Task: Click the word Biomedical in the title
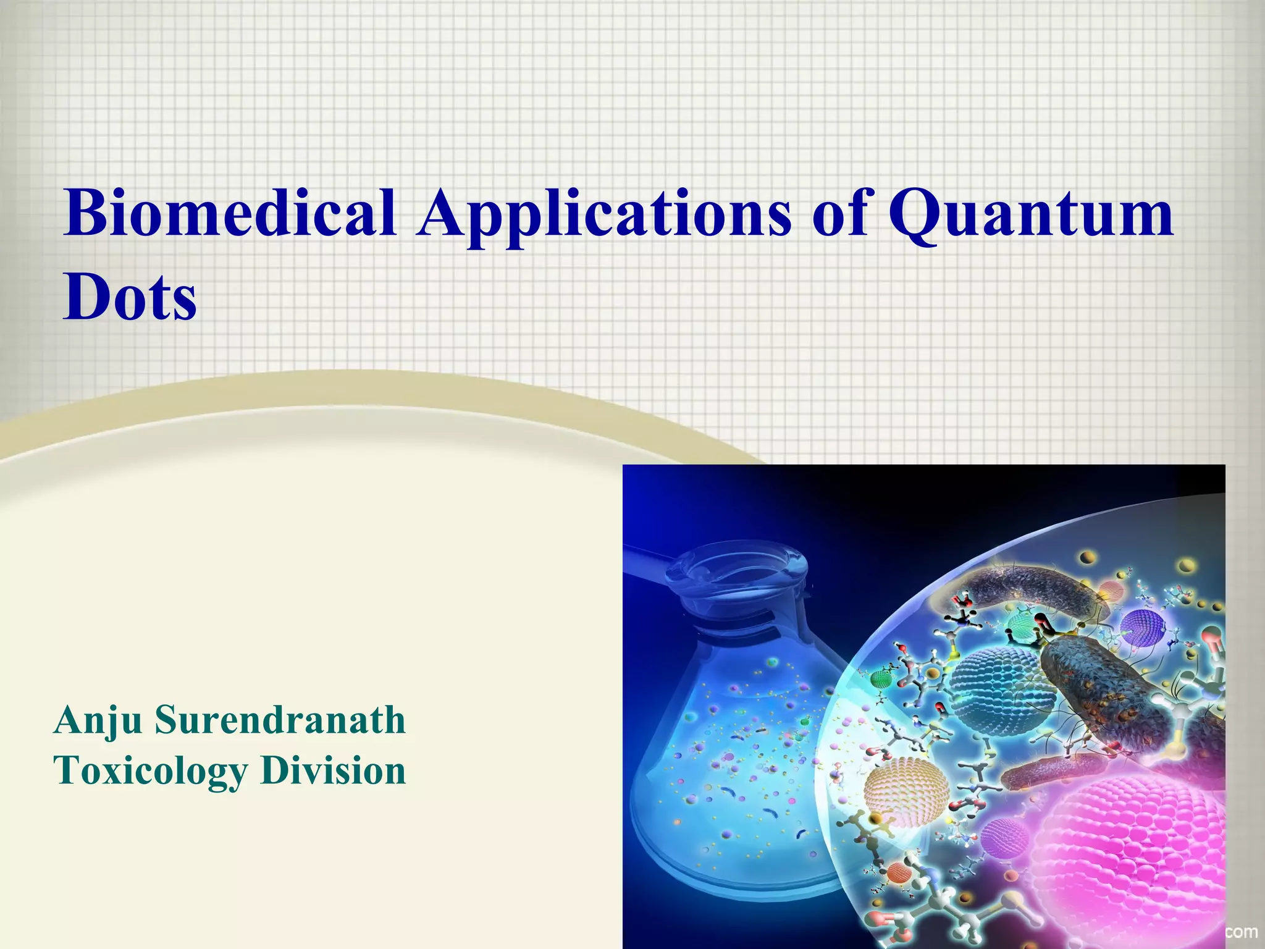point(230,213)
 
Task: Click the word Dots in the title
point(130,298)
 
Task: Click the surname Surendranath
point(280,720)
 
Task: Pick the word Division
point(333,770)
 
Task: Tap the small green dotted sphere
point(883,680)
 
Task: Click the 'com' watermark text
point(1242,931)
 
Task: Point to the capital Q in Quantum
point(922,214)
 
